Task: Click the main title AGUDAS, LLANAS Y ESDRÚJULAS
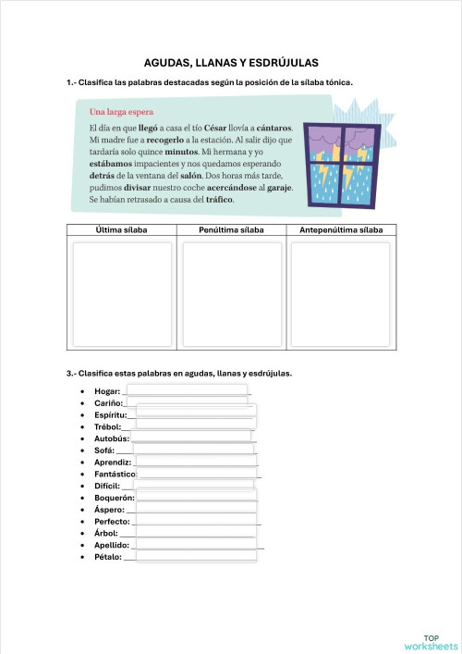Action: (x=231, y=63)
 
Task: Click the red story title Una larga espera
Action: (x=121, y=113)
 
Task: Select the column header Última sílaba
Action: (x=121, y=230)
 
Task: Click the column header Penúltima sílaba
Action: (x=231, y=230)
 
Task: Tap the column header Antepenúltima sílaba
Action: (x=341, y=230)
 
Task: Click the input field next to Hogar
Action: (x=187, y=390)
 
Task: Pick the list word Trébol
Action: (x=107, y=426)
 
